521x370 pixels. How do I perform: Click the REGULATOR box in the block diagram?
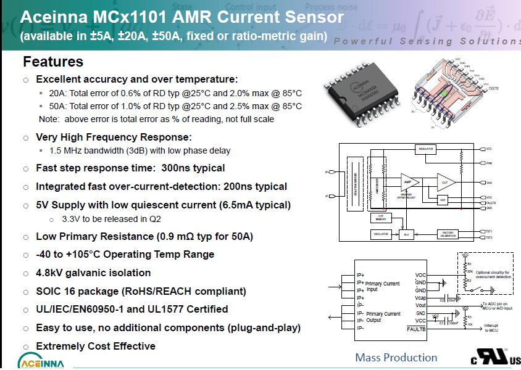[427, 149]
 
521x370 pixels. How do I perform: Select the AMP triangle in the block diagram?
[407, 183]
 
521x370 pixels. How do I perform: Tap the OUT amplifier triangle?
[445, 183]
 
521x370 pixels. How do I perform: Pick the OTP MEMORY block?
[381, 218]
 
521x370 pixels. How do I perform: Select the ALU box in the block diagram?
[406, 235]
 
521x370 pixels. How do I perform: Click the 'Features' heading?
[53, 62]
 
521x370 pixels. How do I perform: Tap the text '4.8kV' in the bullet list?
[51, 273]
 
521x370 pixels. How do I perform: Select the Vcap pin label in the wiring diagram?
[420, 298]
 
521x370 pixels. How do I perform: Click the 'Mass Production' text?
[396, 358]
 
